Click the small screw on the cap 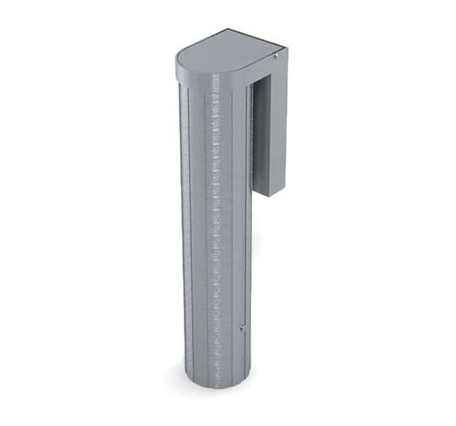[x=277, y=56]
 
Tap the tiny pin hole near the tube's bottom [x=241, y=327]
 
